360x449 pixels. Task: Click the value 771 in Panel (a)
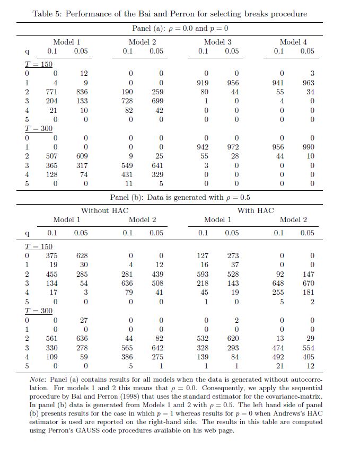(52, 92)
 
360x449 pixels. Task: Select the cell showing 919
(203, 83)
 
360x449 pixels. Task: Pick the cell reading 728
(127, 101)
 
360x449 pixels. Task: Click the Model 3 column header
(217, 42)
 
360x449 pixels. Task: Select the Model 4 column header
(293, 42)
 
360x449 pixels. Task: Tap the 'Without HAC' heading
(104, 210)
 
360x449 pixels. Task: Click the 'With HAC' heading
(256, 210)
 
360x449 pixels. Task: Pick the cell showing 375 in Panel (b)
(52, 256)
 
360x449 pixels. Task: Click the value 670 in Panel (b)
(308, 283)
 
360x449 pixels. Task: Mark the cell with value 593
(203, 274)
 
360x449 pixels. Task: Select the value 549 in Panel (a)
(127, 165)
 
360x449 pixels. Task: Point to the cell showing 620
(233, 338)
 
